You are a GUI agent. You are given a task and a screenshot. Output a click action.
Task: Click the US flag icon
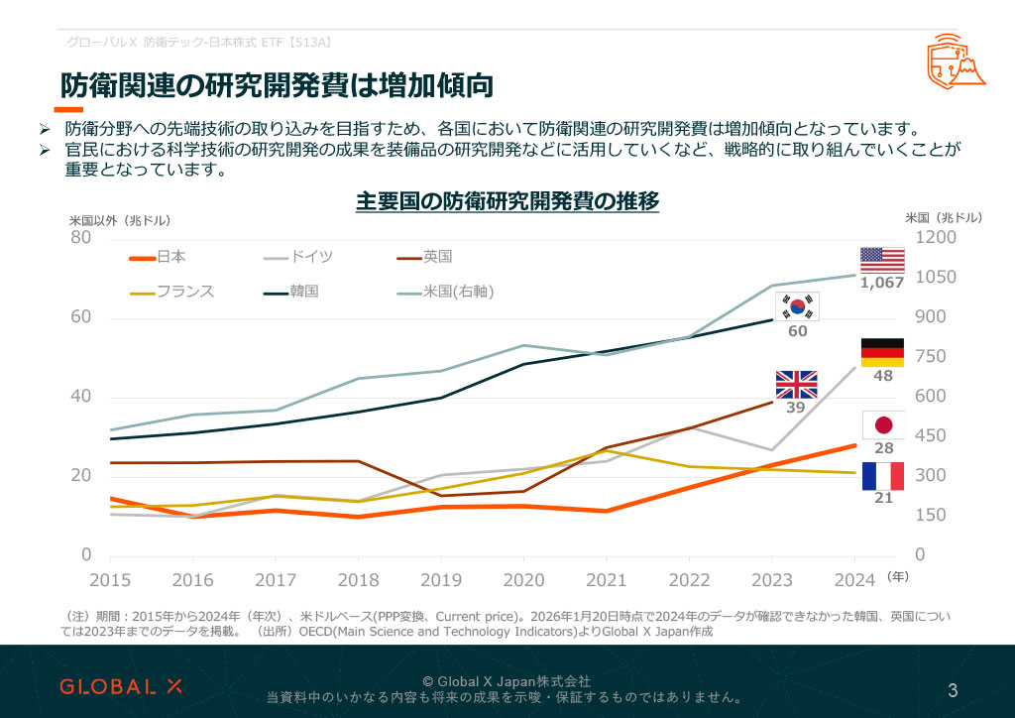(882, 260)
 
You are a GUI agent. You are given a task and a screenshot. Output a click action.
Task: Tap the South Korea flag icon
(797, 306)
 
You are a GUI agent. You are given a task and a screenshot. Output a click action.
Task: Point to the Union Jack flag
(796, 384)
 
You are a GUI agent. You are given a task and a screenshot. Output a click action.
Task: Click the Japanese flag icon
(883, 425)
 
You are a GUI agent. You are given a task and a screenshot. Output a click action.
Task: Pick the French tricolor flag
(882, 476)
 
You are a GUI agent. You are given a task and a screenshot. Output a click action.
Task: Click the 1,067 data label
(882, 283)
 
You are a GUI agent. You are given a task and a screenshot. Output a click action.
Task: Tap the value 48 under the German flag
(883, 376)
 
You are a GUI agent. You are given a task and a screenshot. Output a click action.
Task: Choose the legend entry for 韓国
(291, 292)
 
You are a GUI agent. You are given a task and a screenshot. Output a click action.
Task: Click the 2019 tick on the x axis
(441, 579)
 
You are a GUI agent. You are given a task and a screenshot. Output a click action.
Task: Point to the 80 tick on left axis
(80, 238)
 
